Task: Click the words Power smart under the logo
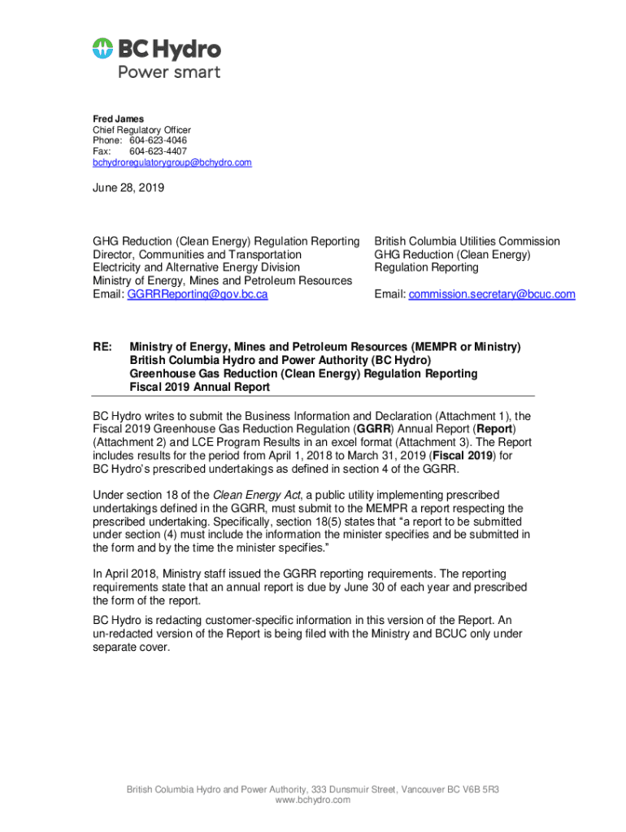click(169, 71)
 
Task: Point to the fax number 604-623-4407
click(159, 152)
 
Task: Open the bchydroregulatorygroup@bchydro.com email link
click(172, 162)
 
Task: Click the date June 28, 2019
click(128, 188)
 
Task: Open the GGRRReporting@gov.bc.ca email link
click(198, 294)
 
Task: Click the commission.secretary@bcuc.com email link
click(492, 294)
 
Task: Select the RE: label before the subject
click(102, 347)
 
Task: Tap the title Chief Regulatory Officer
click(141, 130)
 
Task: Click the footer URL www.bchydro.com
click(313, 800)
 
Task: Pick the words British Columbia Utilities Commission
click(467, 241)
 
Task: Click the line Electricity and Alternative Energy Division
click(196, 267)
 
